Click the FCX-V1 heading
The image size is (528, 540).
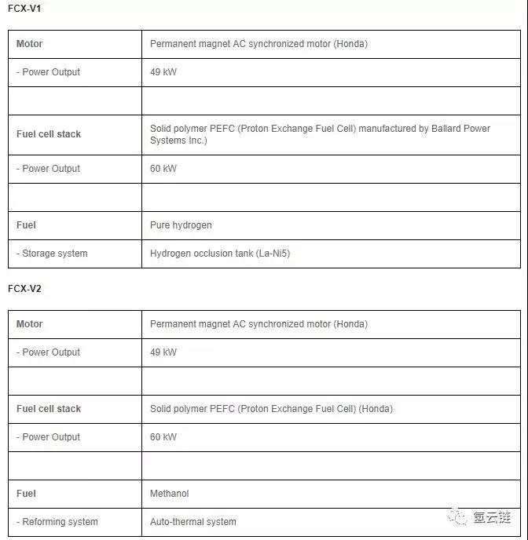[24, 8]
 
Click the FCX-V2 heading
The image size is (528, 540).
[24, 288]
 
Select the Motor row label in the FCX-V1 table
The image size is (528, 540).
[30, 44]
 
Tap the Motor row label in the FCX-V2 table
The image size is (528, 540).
[30, 324]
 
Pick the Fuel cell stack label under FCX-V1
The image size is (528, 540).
[49, 134]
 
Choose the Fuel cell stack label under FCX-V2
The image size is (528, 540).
[49, 409]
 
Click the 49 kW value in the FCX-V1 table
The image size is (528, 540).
[163, 72]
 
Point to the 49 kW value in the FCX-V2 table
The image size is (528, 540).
[163, 352]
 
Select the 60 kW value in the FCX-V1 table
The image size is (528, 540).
[163, 169]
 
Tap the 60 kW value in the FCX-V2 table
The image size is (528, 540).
[163, 437]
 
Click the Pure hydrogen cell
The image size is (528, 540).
[181, 225]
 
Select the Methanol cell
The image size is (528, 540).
[170, 494]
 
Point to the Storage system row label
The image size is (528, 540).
[52, 254]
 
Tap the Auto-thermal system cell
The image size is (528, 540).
[193, 522]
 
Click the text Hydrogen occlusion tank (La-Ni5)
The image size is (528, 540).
[220, 254]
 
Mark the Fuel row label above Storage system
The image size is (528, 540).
[26, 225]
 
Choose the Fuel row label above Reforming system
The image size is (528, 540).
[26, 494]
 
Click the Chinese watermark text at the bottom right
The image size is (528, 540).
[492, 518]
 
